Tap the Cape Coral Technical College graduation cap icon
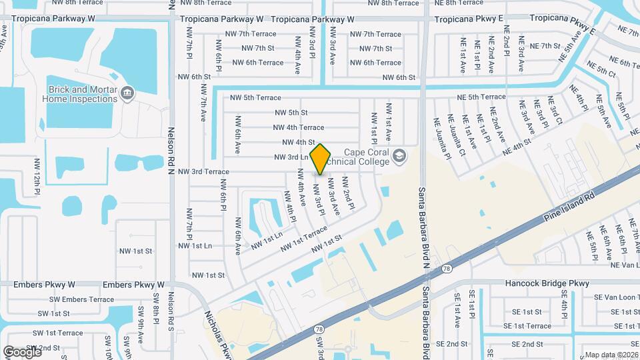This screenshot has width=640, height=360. pyautogui.click(x=399, y=157)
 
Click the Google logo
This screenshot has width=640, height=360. pyautogui.click(x=22, y=351)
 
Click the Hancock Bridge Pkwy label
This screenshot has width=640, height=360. pyautogui.click(x=547, y=283)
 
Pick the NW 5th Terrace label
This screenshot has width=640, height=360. pyautogui.click(x=255, y=97)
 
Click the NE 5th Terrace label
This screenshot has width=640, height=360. pyautogui.click(x=481, y=97)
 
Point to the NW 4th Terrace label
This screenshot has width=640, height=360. pyautogui.click(x=298, y=127)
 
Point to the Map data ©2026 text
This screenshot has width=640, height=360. pyautogui.click(x=611, y=355)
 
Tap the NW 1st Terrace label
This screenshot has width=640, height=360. pyautogui.click(x=303, y=239)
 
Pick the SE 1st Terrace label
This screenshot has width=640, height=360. pyautogui.click(x=527, y=326)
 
